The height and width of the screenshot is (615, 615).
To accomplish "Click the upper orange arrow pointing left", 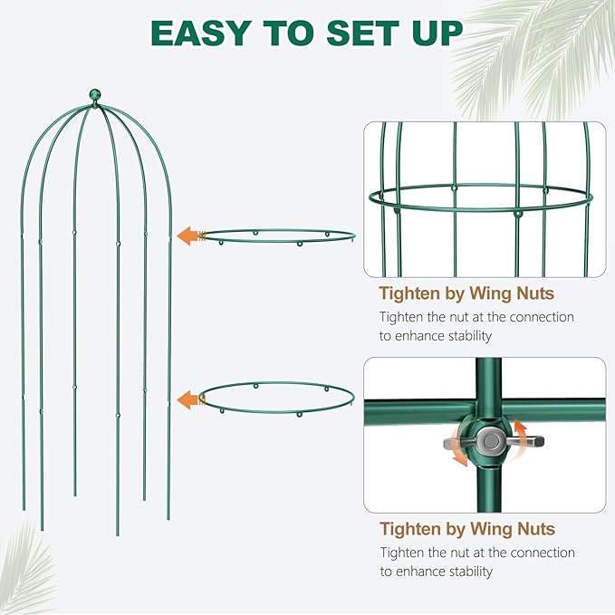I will coord(188,236).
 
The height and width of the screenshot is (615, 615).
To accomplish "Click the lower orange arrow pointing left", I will coord(188,399).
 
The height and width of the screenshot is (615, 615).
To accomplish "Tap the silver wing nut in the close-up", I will coord(491,441).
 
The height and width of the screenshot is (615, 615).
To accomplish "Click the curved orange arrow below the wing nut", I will coord(459,457).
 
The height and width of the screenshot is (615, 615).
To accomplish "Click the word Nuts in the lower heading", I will coord(532,529).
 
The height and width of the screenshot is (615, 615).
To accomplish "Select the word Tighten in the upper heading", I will coord(410,293).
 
